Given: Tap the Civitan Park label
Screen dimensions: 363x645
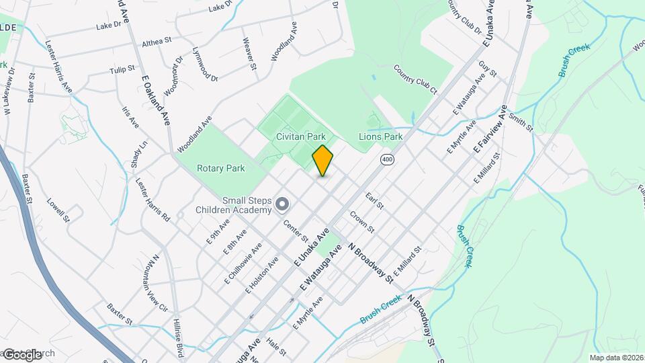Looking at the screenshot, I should (x=300, y=136).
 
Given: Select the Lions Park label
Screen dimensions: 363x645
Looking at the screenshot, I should (x=380, y=136).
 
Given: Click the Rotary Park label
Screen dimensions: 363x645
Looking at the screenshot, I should (x=220, y=168).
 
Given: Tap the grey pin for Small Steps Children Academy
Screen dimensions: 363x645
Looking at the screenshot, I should (x=282, y=203).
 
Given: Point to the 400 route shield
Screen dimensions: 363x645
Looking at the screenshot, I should (x=386, y=159).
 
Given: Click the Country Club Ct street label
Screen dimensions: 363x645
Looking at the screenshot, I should (x=415, y=79).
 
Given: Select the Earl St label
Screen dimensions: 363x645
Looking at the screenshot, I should (x=374, y=200).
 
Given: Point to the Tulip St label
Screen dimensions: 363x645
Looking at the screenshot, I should (x=123, y=69).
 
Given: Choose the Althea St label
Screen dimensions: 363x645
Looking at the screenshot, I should (x=157, y=42).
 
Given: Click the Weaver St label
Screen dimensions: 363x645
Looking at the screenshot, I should (x=249, y=53).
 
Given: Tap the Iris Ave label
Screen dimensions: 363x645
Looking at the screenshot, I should (x=130, y=117).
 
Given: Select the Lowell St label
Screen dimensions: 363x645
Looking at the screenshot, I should (x=58, y=210).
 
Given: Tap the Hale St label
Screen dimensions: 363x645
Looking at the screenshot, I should (x=276, y=346).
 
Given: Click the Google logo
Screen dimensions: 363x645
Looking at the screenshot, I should (x=23, y=354).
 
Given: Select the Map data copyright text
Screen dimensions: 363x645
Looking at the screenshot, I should (x=616, y=358).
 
